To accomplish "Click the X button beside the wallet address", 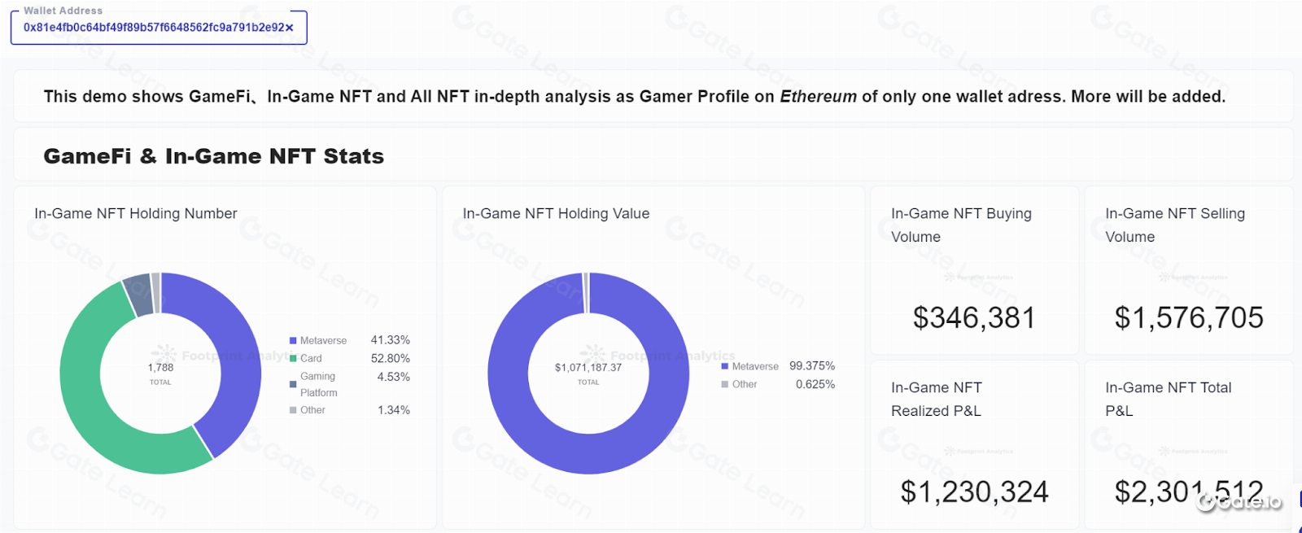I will (x=289, y=28).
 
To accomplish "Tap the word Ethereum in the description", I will (x=818, y=97).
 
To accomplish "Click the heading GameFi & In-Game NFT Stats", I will (x=213, y=156).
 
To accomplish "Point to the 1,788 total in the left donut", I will (x=160, y=368).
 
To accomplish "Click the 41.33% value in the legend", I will (x=390, y=340).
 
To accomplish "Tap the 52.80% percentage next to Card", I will (x=390, y=358).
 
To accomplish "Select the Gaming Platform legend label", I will (x=317, y=384).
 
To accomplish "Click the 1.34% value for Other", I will (x=393, y=410).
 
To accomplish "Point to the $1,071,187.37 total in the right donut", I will (x=588, y=368).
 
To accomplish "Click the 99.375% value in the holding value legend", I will (x=811, y=366).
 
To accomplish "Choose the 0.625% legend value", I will (x=815, y=384).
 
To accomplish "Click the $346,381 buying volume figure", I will (x=974, y=317).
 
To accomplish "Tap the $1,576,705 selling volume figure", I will (x=1188, y=317).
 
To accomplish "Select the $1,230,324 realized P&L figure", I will (x=974, y=491).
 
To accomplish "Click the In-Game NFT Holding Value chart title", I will (x=556, y=214).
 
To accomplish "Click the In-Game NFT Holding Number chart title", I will (x=136, y=214).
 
